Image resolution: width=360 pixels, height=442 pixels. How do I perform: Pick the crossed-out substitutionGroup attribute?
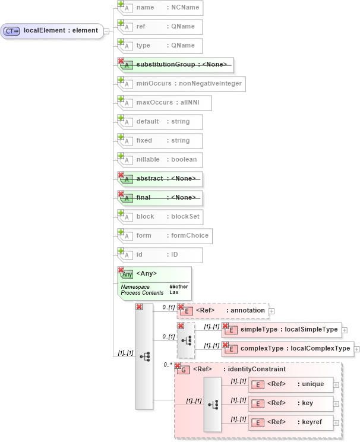tap(176, 64)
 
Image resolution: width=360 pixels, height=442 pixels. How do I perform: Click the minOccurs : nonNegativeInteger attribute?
tap(181, 84)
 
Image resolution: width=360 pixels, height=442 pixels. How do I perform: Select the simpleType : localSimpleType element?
tap(282, 330)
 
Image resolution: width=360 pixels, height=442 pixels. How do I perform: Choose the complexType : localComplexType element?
tap(288, 349)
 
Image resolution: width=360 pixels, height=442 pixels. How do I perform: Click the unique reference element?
tap(291, 384)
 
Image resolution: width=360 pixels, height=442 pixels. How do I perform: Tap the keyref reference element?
tap(291, 422)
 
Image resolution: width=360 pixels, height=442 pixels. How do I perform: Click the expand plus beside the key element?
tap(336, 404)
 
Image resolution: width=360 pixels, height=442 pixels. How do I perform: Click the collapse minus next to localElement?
tap(106, 31)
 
